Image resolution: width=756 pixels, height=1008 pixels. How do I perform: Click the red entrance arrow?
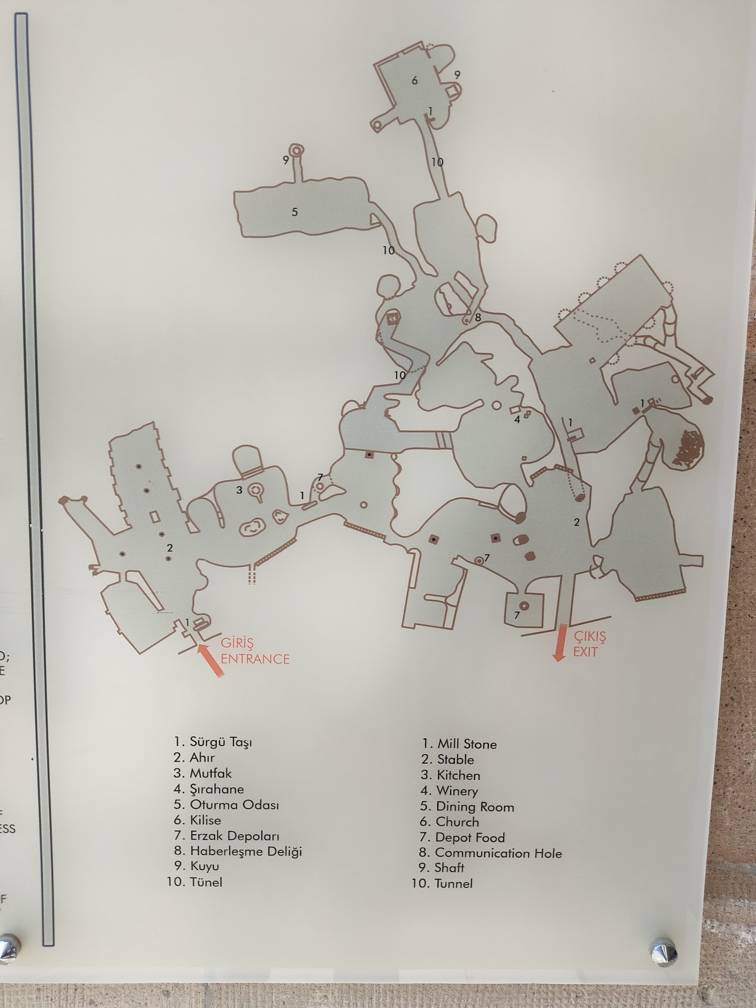[x=210, y=661]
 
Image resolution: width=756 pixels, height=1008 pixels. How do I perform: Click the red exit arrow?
[x=560, y=643]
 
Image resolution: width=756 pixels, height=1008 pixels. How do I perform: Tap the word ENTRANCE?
[x=255, y=658]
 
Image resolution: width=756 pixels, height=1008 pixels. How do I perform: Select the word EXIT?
[x=585, y=651]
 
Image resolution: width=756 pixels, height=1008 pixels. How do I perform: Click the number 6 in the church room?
[x=415, y=81]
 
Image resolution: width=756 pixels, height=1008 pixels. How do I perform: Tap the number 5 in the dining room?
[x=295, y=212]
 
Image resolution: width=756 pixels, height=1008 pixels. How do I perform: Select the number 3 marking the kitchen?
[x=239, y=490]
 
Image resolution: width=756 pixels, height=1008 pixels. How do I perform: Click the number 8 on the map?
[x=478, y=318]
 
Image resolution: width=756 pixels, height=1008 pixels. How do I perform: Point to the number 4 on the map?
[x=517, y=420]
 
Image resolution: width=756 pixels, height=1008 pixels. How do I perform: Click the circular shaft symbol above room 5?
[x=297, y=150]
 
